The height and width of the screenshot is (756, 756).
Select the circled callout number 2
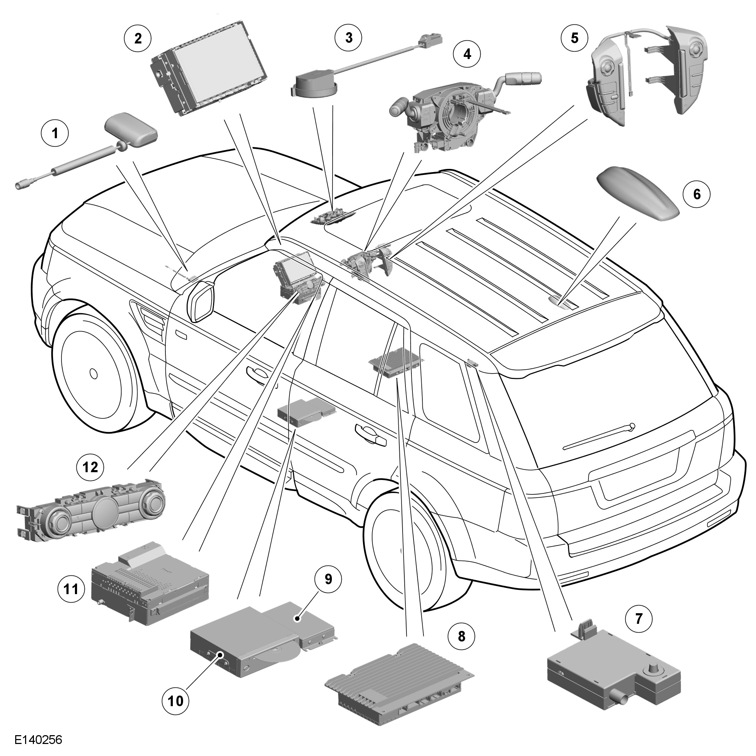(138, 38)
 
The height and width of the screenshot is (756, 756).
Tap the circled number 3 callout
(348, 38)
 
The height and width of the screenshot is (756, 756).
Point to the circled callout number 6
(697, 194)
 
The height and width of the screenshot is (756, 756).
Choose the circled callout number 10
(175, 712)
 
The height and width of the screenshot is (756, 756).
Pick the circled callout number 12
(90, 467)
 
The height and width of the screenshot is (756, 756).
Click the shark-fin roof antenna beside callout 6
(638, 194)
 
